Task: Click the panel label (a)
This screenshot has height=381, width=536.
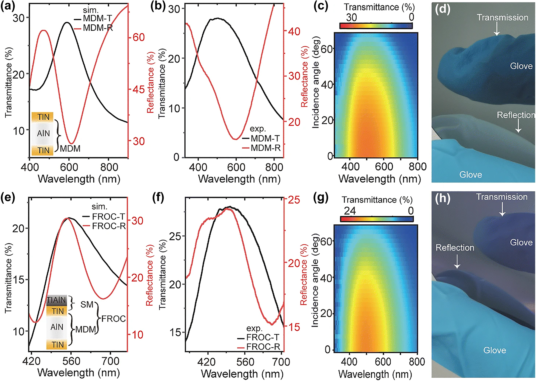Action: [8, 7]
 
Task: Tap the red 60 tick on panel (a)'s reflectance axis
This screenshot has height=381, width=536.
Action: [138, 38]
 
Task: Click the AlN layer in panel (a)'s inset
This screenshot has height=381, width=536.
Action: [43, 133]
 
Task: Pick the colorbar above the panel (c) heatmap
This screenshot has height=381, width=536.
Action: [376, 26]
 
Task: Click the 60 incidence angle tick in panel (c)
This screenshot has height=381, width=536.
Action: [326, 49]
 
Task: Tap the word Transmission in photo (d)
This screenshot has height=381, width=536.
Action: [502, 18]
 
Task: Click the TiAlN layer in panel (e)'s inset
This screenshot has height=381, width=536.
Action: [57, 300]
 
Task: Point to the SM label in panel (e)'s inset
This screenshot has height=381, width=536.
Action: [87, 304]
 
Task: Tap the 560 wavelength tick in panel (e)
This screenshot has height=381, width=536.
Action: [71, 361]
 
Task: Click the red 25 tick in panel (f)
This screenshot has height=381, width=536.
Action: [294, 200]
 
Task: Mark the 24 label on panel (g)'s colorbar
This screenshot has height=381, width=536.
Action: [350, 211]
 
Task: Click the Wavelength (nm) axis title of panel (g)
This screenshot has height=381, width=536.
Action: [375, 374]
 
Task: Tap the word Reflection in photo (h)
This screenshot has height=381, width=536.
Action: [455, 248]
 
